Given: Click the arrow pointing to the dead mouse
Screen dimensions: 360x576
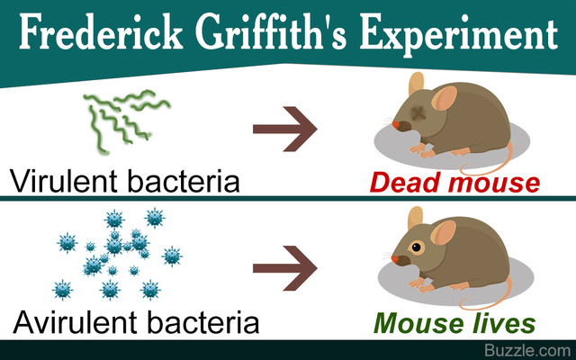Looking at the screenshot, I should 286,129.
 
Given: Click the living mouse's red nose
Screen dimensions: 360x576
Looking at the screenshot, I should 394,259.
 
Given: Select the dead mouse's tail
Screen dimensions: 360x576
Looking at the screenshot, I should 517,162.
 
